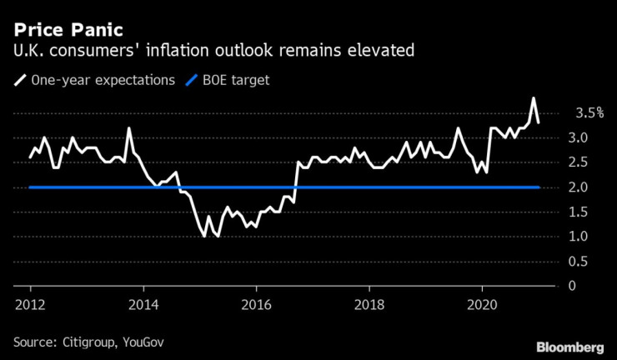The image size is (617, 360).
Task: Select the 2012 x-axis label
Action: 30,302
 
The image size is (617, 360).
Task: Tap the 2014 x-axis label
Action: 143,302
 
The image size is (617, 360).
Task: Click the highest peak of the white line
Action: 533,98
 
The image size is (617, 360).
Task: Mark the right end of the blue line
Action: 539,187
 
